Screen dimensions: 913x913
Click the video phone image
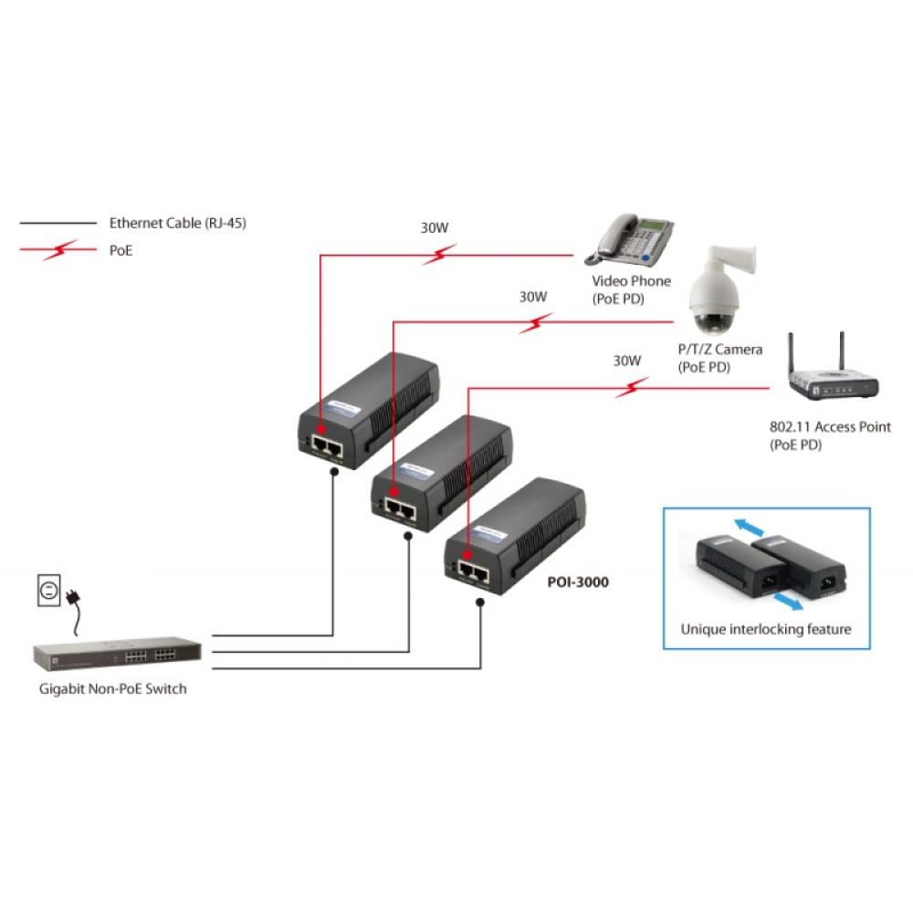pos(635,239)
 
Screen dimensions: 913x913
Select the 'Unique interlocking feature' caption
pos(766,629)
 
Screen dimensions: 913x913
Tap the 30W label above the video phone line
pos(435,228)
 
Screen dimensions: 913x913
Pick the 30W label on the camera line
pos(533,296)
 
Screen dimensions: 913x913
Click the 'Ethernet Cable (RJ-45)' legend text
pos(177,222)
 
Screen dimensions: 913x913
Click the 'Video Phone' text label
pos(631,281)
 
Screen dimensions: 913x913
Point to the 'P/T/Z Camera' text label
pos(719,350)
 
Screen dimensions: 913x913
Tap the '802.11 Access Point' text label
pos(830,426)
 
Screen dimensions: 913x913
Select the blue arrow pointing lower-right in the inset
pos(787,599)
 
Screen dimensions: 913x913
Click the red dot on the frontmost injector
pos(468,554)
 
